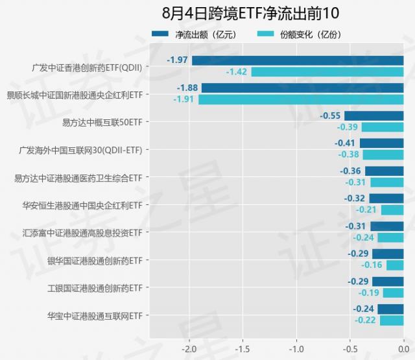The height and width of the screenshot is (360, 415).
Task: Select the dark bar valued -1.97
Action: pyautogui.click(x=298, y=61)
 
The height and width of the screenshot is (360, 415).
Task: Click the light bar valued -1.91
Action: pyautogui.click(x=301, y=100)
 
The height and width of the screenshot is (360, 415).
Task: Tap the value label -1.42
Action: pyautogui.click(x=237, y=72)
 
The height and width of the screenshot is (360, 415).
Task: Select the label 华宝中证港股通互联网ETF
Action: pyautogui.click(x=94, y=316)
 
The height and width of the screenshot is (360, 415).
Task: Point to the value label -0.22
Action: pyautogui.click(x=366, y=320)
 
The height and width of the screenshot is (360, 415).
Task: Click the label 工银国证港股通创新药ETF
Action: pyautogui.click(x=94, y=288)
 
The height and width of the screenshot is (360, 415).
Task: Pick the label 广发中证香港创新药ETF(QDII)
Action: pyautogui.click(x=87, y=67)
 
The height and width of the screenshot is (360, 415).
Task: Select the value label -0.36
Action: pyautogui.click(x=351, y=171)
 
